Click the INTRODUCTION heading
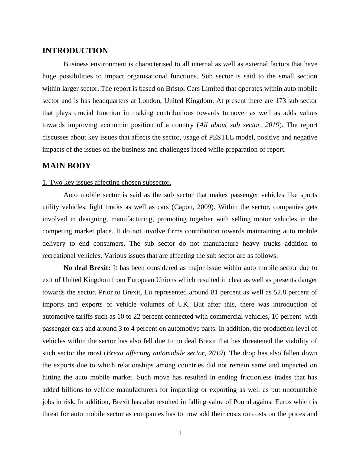pyautogui.click(x=75, y=51)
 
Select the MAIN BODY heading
pyautogui.click(x=67, y=166)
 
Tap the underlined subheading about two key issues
pyautogui.click(x=107, y=182)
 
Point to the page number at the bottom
pyautogui.click(x=180, y=433)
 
